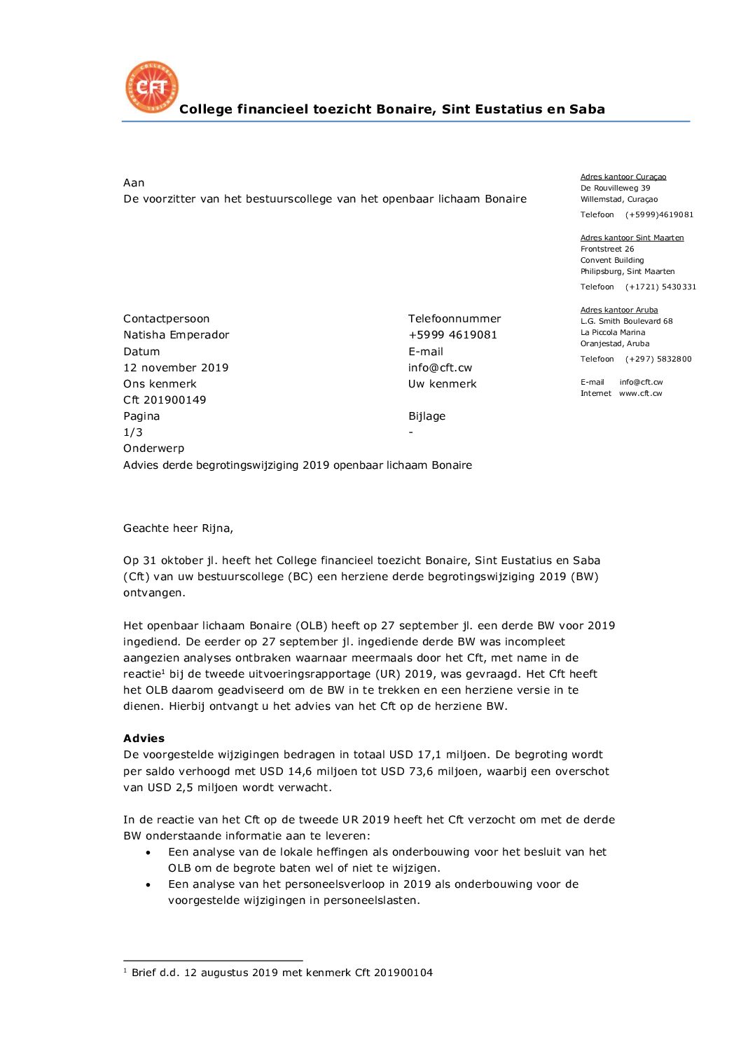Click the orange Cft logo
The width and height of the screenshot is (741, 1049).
click(152, 87)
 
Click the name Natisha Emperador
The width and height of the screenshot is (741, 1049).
click(176, 335)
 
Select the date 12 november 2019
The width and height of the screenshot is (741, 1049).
click(176, 368)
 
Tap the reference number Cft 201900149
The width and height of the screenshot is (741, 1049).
click(165, 400)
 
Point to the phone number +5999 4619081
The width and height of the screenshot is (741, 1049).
click(452, 335)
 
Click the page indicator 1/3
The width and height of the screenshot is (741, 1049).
click(133, 432)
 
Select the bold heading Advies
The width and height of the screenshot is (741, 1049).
click(144, 739)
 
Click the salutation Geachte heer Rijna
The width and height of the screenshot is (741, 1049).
click(178, 528)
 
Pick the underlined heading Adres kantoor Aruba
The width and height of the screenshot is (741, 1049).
click(619, 310)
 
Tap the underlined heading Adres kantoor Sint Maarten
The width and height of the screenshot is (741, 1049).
click(632, 238)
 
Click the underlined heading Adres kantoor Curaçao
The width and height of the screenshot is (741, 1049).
click(623, 177)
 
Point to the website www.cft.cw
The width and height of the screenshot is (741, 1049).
click(640, 393)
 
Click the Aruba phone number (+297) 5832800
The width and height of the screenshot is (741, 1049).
click(658, 359)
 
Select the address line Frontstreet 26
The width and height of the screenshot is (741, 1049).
click(607, 249)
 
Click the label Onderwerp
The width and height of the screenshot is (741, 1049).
click(154, 448)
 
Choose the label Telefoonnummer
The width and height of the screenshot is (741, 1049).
click(455, 319)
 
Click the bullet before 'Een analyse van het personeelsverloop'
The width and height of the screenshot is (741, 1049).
click(148, 885)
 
